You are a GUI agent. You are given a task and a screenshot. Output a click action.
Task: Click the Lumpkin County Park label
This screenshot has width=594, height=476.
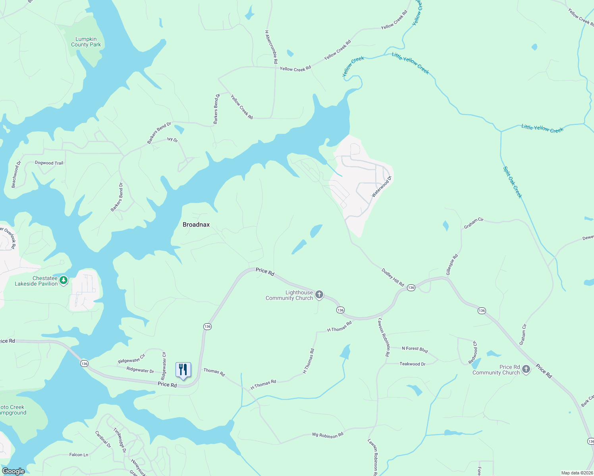[x=86, y=42]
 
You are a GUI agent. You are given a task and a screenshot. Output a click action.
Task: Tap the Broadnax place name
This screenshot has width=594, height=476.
[x=196, y=225]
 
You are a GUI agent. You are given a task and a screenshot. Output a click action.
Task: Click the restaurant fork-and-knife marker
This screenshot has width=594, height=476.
[x=183, y=370]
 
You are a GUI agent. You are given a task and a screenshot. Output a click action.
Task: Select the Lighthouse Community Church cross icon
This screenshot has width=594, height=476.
[x=319, y=295]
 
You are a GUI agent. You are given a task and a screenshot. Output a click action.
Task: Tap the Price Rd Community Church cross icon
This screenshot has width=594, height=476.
[x=526, y=369]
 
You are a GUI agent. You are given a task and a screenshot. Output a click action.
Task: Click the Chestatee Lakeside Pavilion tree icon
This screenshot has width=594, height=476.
[x=64, y=280]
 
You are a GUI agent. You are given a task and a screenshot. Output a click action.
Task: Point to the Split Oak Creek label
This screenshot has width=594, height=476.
[x=513, y=182]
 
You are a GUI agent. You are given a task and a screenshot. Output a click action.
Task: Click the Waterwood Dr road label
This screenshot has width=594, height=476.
[x=382, y=186]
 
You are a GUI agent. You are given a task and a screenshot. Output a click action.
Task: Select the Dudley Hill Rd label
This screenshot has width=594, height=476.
[x=393, y=277]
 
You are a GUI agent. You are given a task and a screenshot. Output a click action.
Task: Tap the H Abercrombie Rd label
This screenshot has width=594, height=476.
[x=271, y=47]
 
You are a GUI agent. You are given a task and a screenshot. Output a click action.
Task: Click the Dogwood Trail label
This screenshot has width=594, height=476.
[x=49, y=163]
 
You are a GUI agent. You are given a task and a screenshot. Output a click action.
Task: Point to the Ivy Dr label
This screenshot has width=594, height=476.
[x=172, y=140]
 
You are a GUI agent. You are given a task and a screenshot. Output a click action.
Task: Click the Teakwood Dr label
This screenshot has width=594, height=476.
[x=412, y=364]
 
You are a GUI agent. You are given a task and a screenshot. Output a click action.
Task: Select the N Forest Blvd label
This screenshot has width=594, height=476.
[x=415, y=349]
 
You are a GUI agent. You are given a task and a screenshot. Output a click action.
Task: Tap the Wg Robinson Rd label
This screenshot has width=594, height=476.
[x=328, y=435]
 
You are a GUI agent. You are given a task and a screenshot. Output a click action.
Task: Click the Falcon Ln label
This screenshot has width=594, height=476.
[x=79, y=455]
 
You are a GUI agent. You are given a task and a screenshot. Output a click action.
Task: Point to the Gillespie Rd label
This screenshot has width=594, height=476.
[x=452, y=265]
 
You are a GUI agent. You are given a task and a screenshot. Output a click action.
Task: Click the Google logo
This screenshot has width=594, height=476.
[x=13, y=471]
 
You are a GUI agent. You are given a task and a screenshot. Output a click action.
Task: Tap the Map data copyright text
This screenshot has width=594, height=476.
[x=577, y=473]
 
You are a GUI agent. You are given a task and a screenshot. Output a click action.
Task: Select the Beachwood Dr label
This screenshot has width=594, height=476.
[x=16, y=174]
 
